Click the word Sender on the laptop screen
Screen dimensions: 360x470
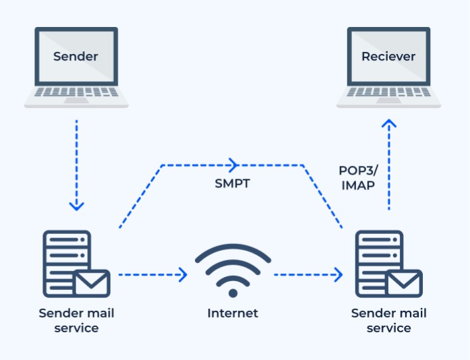(76, 56)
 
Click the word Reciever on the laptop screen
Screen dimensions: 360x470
(388, 56)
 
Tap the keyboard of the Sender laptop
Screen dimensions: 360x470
(76, 93)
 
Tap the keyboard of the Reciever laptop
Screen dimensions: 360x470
(389, 93)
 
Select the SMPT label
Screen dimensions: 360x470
(233, 183)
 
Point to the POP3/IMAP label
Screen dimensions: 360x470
(359, 177)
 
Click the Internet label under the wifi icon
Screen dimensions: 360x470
(233, 313)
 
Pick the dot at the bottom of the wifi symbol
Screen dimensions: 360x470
(233, 293)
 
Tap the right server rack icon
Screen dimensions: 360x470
(376, 260)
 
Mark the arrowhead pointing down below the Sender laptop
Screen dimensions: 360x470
(76, 204)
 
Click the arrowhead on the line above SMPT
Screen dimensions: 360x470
(233, 164)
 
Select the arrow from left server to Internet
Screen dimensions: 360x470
(152, 274)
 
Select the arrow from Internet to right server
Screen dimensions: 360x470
(307, 274)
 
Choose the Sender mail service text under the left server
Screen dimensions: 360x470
(76, 321)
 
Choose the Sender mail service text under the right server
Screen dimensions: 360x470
(389, 321)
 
